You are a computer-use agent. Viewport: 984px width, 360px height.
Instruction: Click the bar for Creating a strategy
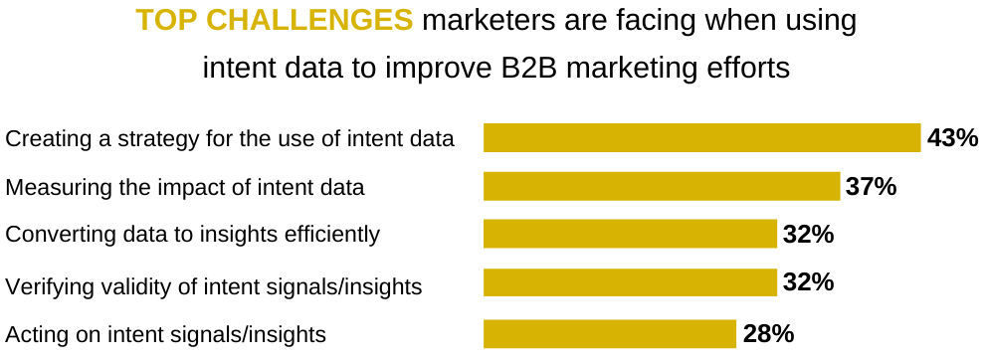(701, 138)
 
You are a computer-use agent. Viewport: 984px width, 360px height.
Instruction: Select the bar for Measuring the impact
(662, 186)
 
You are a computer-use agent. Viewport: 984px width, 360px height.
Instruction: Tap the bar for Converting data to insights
(630, 234)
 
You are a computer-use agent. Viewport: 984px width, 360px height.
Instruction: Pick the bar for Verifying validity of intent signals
(630, 282)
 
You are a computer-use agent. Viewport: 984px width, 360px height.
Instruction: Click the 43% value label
(952, 138)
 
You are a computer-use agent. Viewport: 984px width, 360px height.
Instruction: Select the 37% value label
(872, 186)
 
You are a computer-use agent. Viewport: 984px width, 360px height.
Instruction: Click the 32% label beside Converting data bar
(808, 235)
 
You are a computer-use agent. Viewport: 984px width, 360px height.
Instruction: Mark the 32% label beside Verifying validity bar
(808, 282)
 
